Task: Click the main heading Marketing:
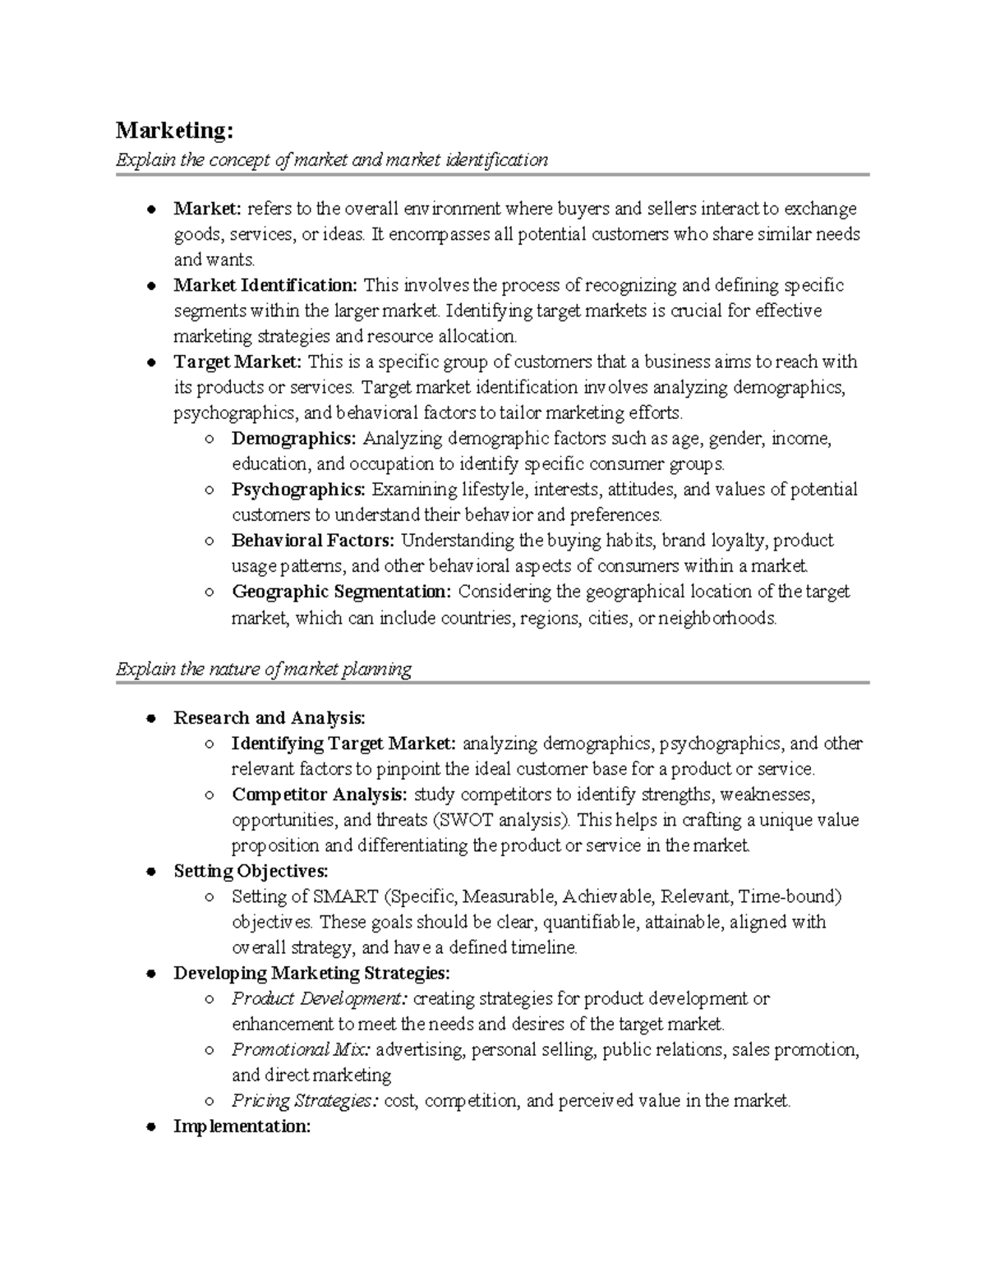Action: point(174,131)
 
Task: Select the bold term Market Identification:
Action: point(265,285)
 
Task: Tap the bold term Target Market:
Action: point(237,362)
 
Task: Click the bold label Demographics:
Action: point(293,439)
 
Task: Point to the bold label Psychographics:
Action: point(298,490)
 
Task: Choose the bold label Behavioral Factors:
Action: point(312,541)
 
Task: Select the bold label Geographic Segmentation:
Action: point(341,592)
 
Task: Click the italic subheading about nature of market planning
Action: point(263,669)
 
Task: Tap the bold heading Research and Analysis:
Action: point(270,718)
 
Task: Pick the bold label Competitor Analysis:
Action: point(319,795)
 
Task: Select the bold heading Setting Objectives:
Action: point(251,871)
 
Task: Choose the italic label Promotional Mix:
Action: point(301,1050)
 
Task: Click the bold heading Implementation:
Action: point(242,1126)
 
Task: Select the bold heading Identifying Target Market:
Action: point(343,744)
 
